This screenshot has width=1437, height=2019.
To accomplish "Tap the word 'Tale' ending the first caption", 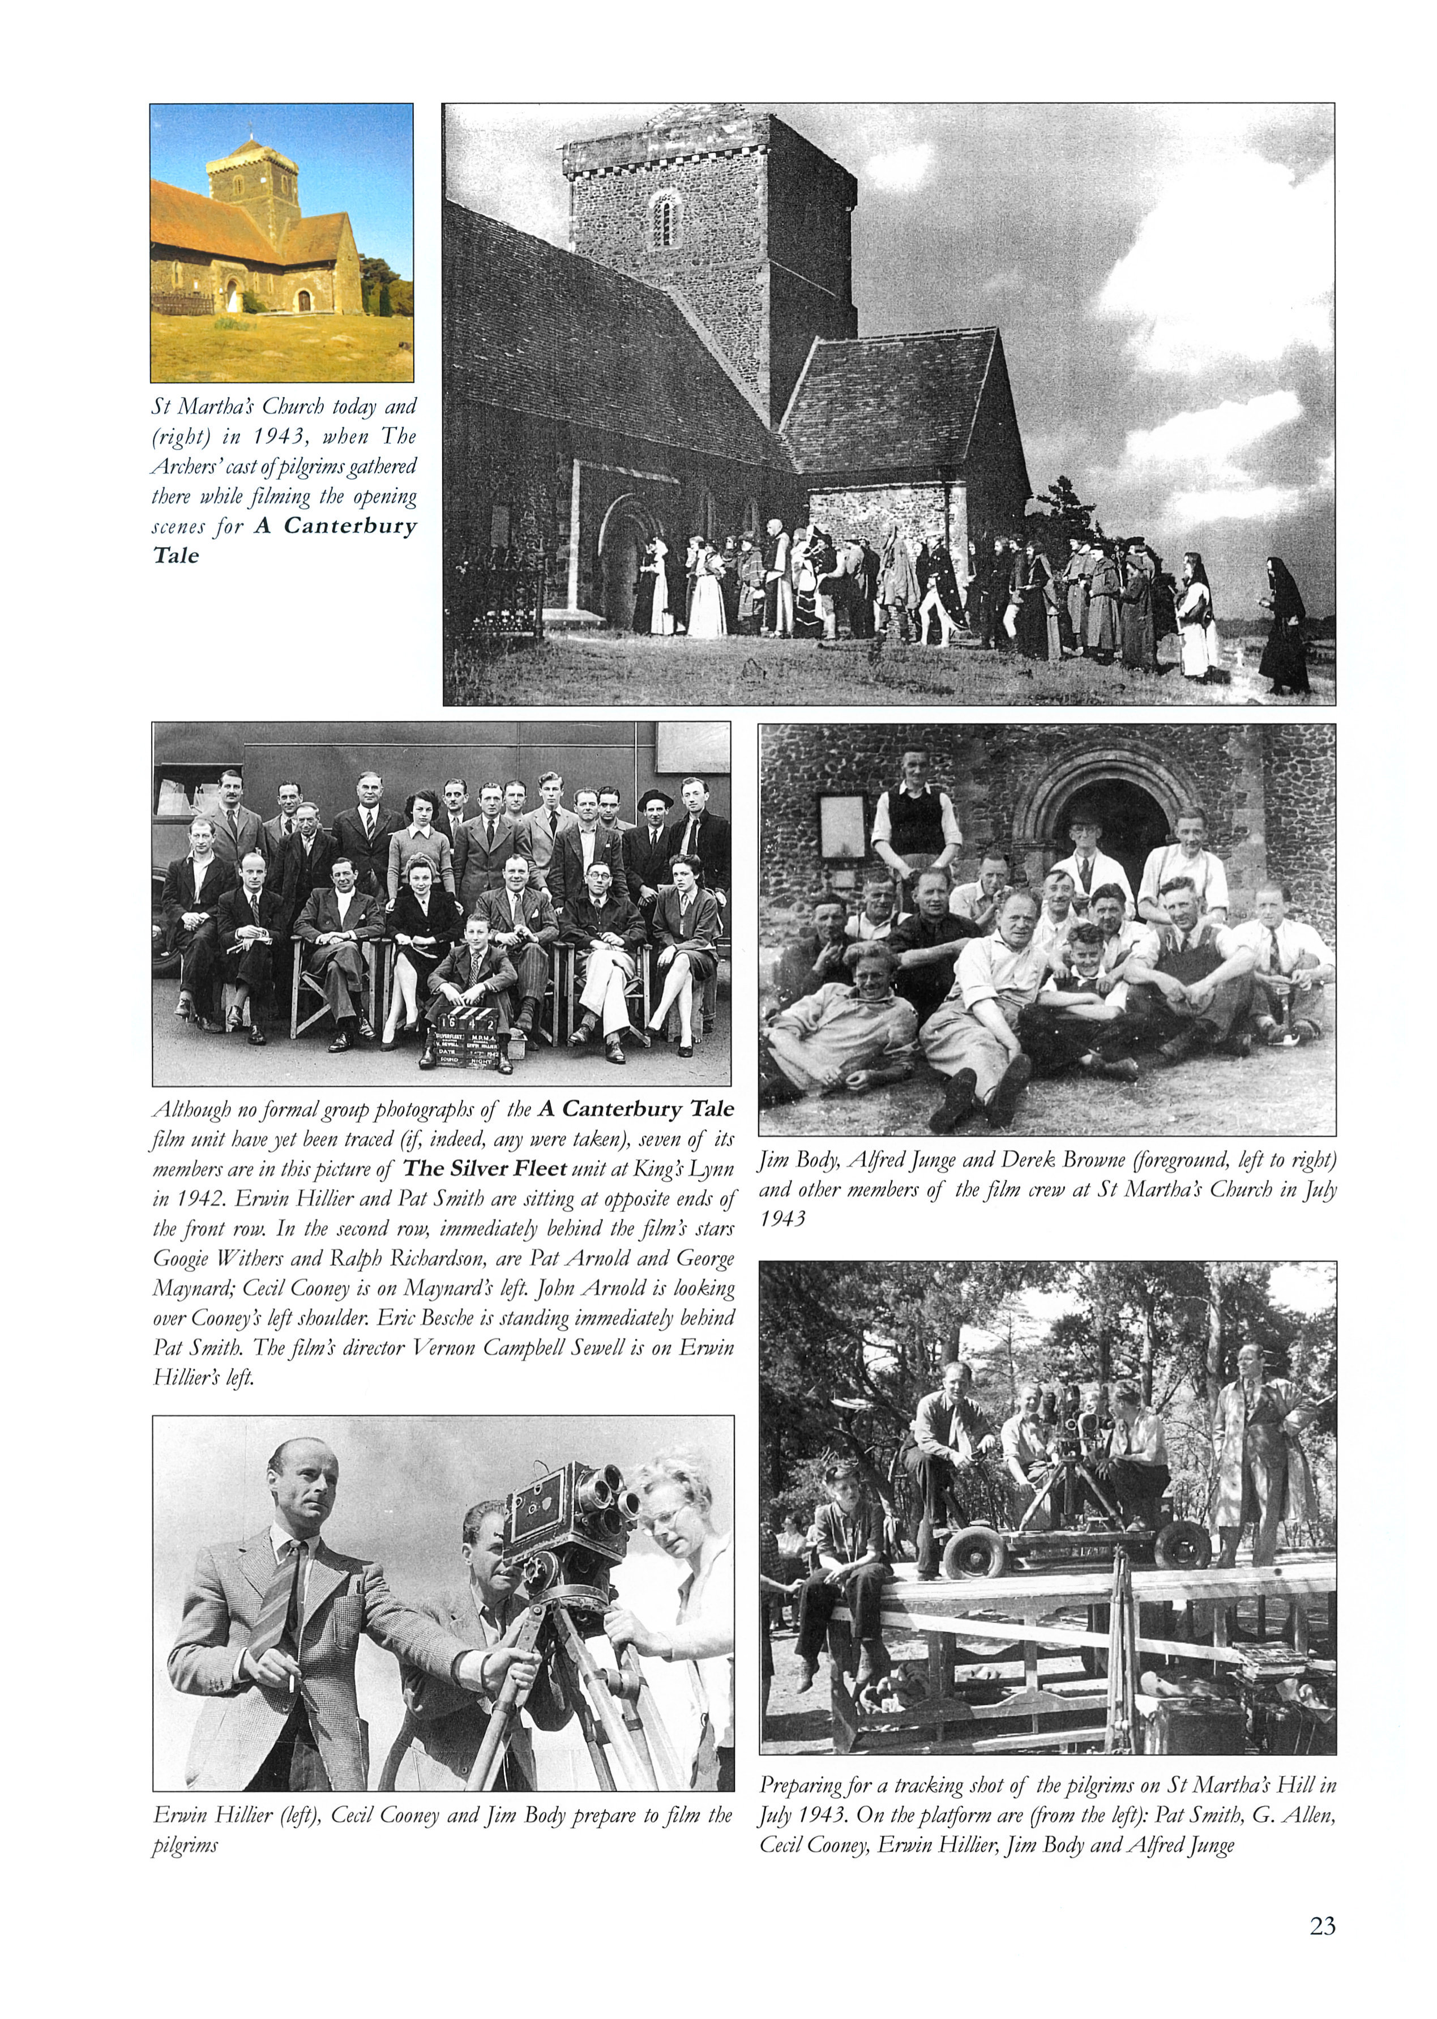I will pyautogui.click(x=176, y=556).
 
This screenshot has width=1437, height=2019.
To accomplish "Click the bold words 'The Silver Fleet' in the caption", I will pyautogui.click(x=484, y=1168).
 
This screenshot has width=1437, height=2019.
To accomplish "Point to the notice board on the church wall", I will pyautogui.click(x=842, y=827).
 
